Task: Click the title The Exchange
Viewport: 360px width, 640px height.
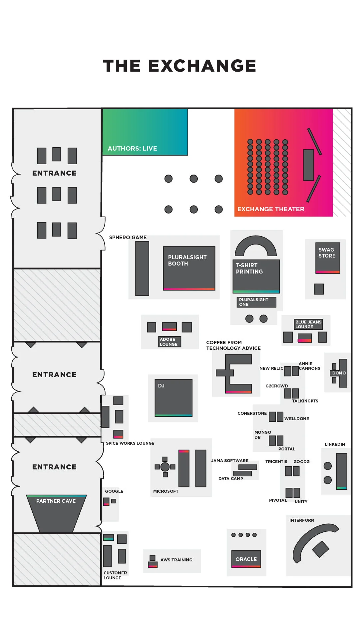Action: (180, 66)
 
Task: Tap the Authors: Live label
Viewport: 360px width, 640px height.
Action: (132, 149)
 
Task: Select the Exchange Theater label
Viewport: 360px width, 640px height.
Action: (271, 209)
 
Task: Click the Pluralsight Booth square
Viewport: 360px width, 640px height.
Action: (189, 268)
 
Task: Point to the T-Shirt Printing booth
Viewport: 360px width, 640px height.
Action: (256, 276)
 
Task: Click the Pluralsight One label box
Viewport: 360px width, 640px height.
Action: (256, 302)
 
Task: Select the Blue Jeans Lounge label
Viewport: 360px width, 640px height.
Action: (308, 324)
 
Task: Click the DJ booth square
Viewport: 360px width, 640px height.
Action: (174, 398)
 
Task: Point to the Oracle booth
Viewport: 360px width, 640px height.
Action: (246, 559)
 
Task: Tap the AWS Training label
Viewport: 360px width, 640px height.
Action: (176, 560)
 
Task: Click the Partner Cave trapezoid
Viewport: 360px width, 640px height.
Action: (56, 513)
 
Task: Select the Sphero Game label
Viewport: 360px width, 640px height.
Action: (128, 238)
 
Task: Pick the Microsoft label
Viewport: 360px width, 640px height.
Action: (166, 491)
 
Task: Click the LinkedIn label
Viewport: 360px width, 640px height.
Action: (335, 444)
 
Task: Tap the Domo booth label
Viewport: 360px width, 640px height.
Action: (339, 373)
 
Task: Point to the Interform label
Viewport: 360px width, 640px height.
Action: (302, 520)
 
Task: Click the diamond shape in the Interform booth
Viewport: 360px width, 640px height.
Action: (321, 549)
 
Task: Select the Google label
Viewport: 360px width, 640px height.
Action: (114, 491)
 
